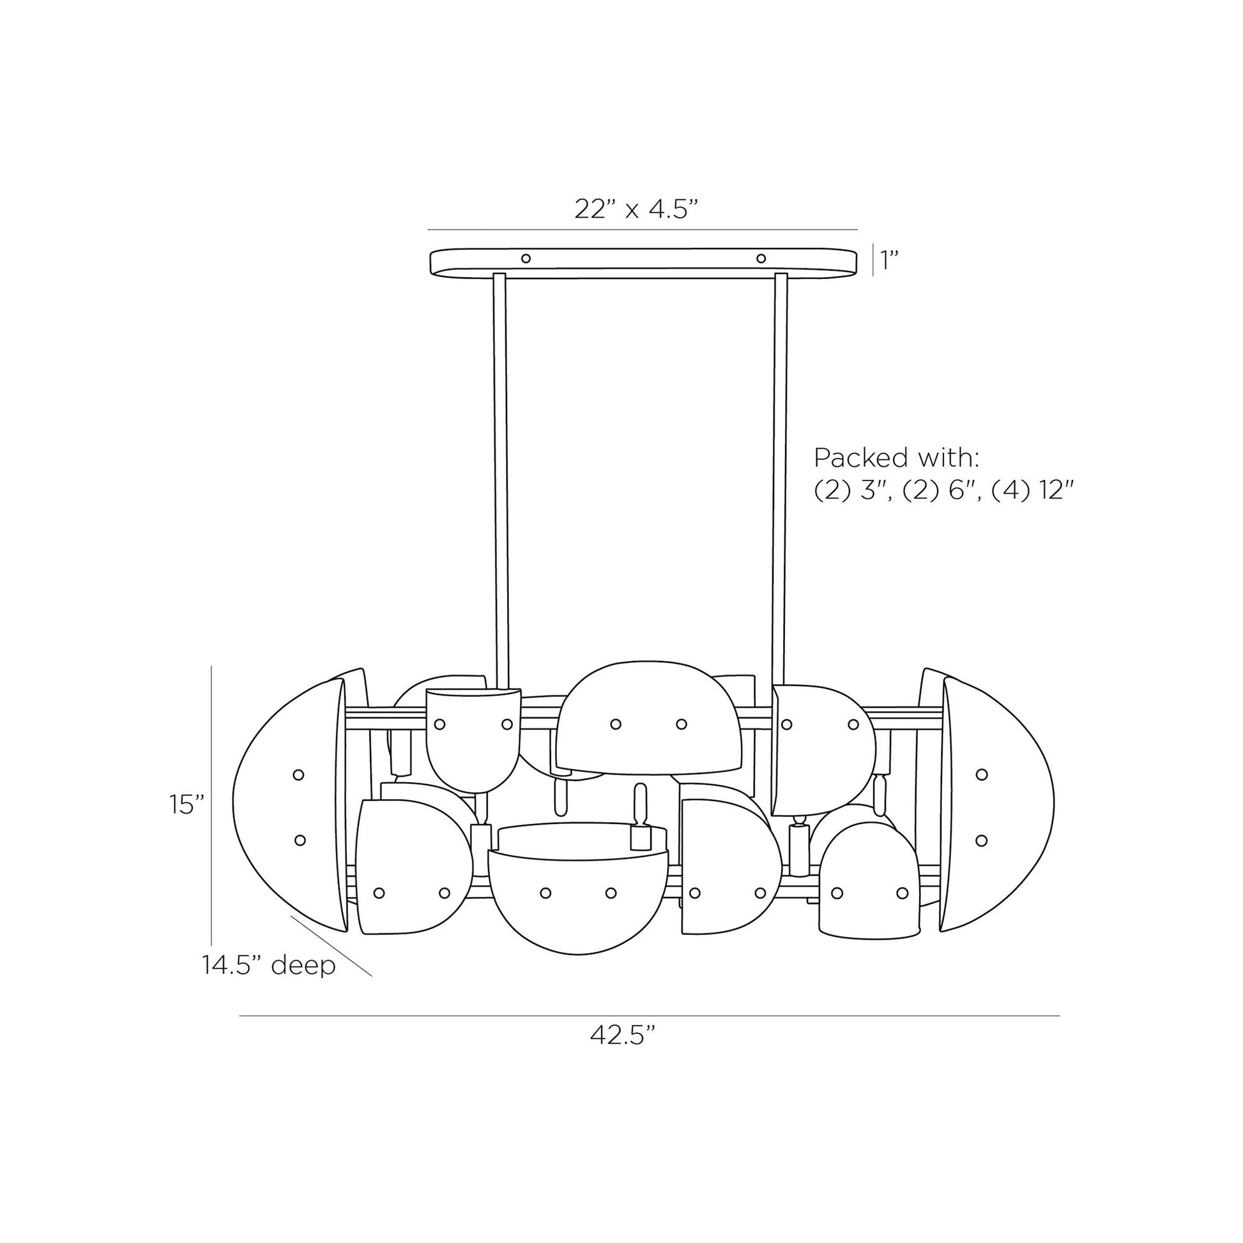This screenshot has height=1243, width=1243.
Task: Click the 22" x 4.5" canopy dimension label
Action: tap(636, 210)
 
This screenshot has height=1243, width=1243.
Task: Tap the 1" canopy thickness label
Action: tap(888, 261)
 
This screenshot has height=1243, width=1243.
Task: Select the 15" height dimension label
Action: tap(187, 804)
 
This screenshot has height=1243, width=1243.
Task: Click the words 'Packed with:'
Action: tap(897, 457)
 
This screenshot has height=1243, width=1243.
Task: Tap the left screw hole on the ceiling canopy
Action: tap(526, 259)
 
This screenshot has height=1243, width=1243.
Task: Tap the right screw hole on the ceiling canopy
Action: tap(761, 259)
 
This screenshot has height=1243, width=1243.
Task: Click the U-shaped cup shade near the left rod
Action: tap(473, 740)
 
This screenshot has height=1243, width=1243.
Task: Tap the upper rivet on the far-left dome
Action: tap(298, 775)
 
